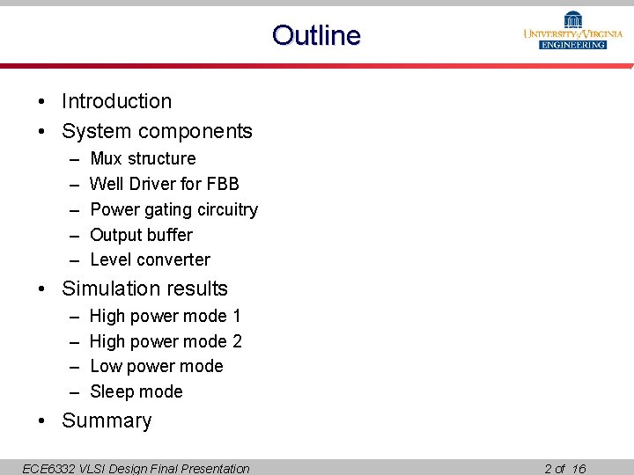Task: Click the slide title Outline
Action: (x=316, y=35)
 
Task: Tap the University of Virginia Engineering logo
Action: (x=573, y=31)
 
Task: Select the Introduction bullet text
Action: (x=116, y=101)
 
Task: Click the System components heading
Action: (x=157, y=131)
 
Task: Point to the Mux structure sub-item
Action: (x=143, y=158)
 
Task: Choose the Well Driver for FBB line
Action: (x=164, y=184)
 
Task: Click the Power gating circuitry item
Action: (x=173, y=209)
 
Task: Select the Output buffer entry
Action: (x=141, y=235)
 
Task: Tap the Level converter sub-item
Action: (x=150, y=259)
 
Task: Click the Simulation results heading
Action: (x=144, y=289)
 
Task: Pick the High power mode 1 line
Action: (x=166, y=316)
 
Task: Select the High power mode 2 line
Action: (x=166, y=341)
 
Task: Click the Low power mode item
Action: (x=156, y=366)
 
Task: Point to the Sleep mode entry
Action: (x=136, y=391)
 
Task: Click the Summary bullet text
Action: (x=107, y=420)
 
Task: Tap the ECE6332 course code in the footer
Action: (x=48, y=468)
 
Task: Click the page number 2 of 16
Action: (x=564, y=468)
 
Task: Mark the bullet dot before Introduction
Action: (x=42, y=102)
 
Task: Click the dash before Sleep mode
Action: (x=73, y=391)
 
